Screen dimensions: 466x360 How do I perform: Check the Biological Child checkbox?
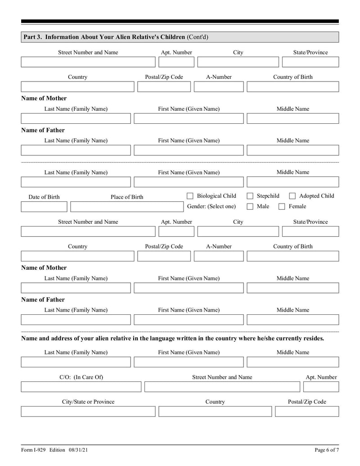tap(190, 196)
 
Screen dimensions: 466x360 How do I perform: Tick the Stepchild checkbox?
tap(250, 196)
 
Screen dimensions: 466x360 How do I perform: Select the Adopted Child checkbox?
tap(292, 196)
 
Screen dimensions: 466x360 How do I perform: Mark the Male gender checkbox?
tap(250, 207)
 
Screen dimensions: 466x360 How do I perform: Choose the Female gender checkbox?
tap(282, 207)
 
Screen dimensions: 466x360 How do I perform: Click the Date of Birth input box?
tap(44, 207)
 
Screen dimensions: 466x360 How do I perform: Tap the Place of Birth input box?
tap(126, 207)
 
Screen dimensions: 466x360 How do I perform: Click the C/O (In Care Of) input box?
tap(81, 387)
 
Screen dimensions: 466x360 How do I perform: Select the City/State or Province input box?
tap(88, 412)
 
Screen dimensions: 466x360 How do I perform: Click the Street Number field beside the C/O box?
tap(222, 387)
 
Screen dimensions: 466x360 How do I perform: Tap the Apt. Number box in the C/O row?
tap(321, 387)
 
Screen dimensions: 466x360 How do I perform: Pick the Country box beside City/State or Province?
tap(215, 412)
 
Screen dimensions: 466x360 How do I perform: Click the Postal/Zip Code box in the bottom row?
tap(307, 412)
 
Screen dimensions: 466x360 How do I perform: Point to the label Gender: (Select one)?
tap(211, 207)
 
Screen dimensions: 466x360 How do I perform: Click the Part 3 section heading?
tap(115, 37)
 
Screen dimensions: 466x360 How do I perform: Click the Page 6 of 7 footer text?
tap(326, 450)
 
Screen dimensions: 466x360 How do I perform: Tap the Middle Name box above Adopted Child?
tap(292, 182)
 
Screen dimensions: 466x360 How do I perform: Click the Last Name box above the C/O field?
tap(76, 362)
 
